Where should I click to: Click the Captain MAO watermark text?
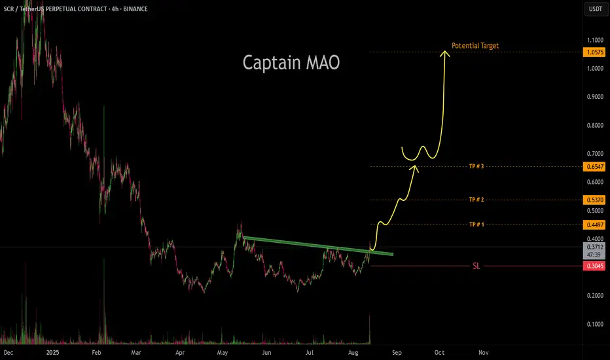coord(291,63)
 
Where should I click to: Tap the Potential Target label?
coord(476,46)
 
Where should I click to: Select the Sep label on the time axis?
coord(397,351)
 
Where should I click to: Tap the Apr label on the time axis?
coord(181,351)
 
